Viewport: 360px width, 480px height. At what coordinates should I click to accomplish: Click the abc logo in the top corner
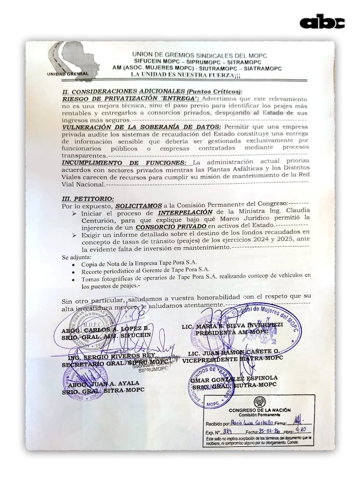(322, 22)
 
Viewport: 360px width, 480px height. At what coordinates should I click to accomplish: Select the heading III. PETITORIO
(88, 198)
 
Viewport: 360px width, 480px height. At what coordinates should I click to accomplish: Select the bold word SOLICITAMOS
(139, 205)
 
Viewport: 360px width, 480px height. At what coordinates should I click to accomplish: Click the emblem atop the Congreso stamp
(259, 401)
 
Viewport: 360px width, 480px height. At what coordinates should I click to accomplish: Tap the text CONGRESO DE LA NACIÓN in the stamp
(259, 410)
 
